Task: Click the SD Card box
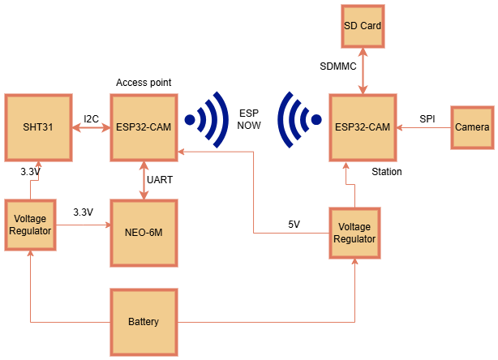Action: [363, 26]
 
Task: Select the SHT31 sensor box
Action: [37, 127]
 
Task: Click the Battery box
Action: [144, 322]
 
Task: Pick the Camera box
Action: [471, 127]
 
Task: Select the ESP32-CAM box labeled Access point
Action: [144, 127]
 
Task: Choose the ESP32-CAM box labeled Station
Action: [364, 127]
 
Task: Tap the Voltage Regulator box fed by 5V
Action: [354, 233]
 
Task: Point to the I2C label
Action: [91, 119]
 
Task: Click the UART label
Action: [160, 179]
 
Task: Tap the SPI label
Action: [427, 119]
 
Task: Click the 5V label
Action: [295, 225]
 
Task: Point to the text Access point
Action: [144, 83]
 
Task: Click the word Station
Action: [387, 172]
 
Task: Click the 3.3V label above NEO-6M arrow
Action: [83, 212]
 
